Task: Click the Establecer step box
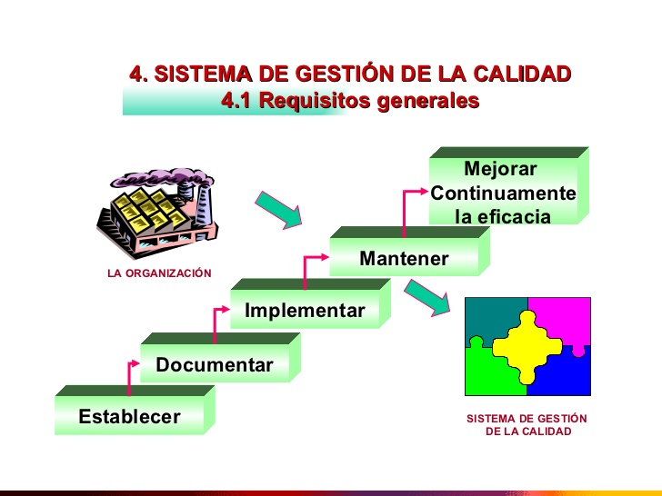pyautogui.click(x=135, y=410)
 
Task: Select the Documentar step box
pyautogui.click(x=220, y=358)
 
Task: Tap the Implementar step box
pyautogui.click(x=310, y=303)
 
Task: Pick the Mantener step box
pyautogui.click(x=409, y=252)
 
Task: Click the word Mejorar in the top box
pyautogui.click(x=500, y=169)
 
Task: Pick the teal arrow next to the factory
pyautogui.click(x=279, y=210)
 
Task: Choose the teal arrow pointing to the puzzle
pyautogui.click(x=427, y=298)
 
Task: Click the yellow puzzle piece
pyautogui.click(x=527, y=348)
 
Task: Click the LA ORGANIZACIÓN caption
pyautogui.click(x=160, y=273)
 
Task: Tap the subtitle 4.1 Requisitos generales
pyautogui.click(x=350, y=100)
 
